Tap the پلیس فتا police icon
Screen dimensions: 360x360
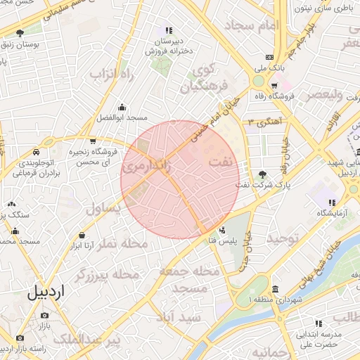(223, 230)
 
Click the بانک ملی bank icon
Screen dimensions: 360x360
(269, 58)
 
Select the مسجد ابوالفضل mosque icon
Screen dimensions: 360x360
(122, 107)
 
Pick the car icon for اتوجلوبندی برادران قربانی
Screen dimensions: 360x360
(35, 152)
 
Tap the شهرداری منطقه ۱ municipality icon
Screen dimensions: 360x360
(274, 289)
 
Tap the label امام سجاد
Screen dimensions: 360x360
(252, 25)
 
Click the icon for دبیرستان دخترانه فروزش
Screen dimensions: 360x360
(168, 30)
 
